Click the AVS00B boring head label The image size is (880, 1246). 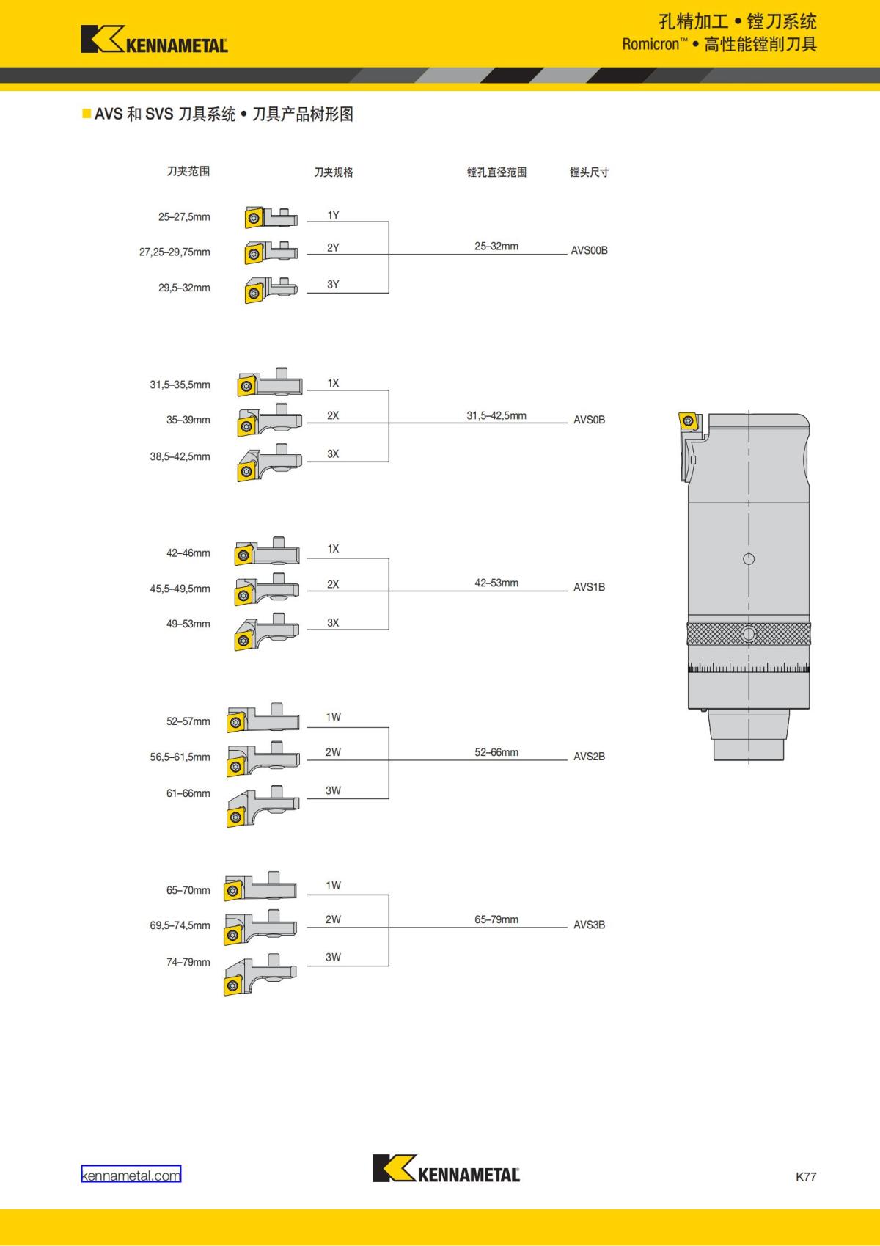pos(589,250)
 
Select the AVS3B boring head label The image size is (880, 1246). pos(589,925)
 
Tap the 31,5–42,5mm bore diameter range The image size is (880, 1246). pos(496,415)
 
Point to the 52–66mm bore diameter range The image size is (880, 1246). pos(496,752)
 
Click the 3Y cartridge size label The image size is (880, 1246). pos(333,285)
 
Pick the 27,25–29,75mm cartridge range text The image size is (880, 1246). pos(175,252)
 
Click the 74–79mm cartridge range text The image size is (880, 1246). pos(188,962)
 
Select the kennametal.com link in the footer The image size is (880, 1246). pos(131,1175)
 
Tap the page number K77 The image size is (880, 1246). pos(805,1176)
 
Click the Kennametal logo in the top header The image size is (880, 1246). pos(154,40)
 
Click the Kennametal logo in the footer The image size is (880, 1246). pos(446,1168)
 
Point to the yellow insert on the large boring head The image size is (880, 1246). pos(689,421)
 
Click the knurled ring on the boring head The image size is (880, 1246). pos(749,633)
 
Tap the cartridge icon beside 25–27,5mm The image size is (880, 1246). pos(271,217)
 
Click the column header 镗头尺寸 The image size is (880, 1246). pos(589,172)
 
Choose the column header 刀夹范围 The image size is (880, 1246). pos(188,171)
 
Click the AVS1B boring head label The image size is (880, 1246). pos(589,587)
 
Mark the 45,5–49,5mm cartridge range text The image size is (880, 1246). pos(180,589)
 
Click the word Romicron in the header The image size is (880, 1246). pos(650,45)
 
